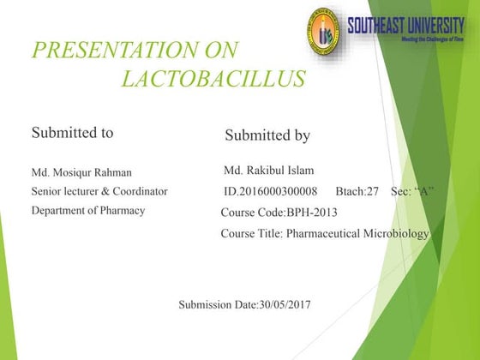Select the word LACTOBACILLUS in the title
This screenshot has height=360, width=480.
coord(213,80)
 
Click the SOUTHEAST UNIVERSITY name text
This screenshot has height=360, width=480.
coord(405,24)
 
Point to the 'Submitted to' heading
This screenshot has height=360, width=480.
coord(72,133)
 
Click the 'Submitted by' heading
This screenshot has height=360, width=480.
coord(267,135)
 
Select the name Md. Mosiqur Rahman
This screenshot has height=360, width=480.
coord(81,172)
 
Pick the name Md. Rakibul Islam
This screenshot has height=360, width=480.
coord(268,171)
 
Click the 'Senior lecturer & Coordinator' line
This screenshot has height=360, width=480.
coord(99,191)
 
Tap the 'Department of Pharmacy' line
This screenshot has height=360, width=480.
coord(88,210)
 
